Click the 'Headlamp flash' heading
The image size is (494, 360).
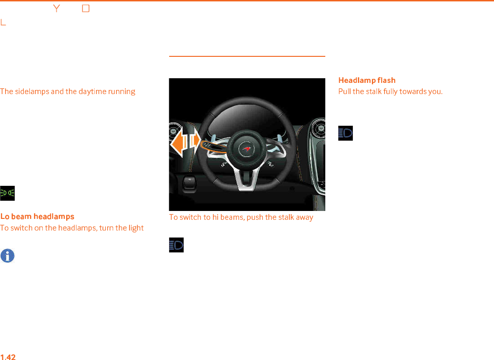[367, 81]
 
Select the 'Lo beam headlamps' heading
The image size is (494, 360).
[37, 217]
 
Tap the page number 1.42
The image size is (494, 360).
[8, 357]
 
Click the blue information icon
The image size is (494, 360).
[7, 256]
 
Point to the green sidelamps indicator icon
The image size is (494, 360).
[7, 193]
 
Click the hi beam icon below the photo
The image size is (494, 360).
[176, 245]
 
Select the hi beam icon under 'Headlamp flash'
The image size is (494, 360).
[345, 133]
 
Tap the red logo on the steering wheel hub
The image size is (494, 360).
[247, 149]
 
